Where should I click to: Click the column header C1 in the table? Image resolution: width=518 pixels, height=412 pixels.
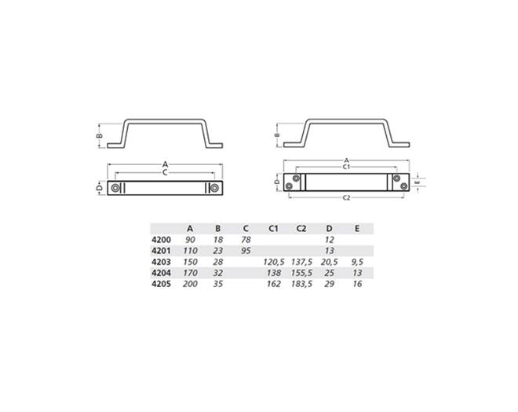(273, 228)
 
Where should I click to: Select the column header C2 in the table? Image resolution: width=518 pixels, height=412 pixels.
(301, 228)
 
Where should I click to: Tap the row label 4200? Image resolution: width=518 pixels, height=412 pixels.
(161, 240)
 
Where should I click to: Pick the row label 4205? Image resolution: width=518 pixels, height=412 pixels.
(161, 284)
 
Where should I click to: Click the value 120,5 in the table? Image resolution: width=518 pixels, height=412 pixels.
(274, 262)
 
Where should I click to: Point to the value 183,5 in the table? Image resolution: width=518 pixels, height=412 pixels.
(301, 284)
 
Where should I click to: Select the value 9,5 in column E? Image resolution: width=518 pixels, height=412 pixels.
(357, 262)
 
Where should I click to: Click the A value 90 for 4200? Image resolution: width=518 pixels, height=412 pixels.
(190, 240)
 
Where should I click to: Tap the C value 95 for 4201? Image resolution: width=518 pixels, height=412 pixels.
(246, 251)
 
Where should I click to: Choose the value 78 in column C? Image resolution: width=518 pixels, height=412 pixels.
(246, 240)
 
